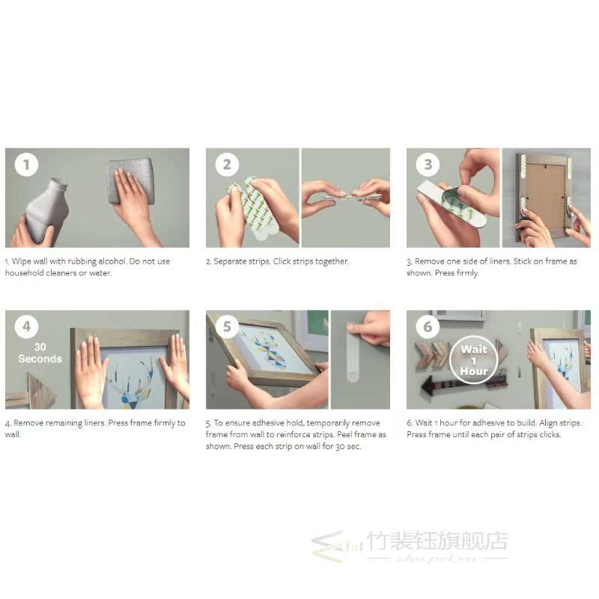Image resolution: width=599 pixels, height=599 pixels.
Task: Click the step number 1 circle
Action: click(x=26, y=165)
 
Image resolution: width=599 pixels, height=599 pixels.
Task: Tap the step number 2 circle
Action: click(x=227, y=165)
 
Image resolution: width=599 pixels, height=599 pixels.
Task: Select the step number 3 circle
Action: click(x=428, y=165)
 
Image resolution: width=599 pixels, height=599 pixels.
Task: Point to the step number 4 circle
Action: click(x=26, y=326)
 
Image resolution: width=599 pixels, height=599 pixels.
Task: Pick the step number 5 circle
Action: click(x=227, y=326)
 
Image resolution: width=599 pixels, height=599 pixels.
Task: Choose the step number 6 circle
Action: click(x=428, y=326)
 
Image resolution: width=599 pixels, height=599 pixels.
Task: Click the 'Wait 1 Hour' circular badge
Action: click(x=474, y=360)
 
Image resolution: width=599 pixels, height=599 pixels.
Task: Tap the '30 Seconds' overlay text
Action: click(x=40, y=353)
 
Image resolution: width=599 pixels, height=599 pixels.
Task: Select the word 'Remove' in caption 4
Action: click(x=28, y=423)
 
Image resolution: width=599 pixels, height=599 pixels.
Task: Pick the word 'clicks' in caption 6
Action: click(x=550, y=435)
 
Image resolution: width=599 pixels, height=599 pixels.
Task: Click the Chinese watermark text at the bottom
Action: click(x=437, y=541)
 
